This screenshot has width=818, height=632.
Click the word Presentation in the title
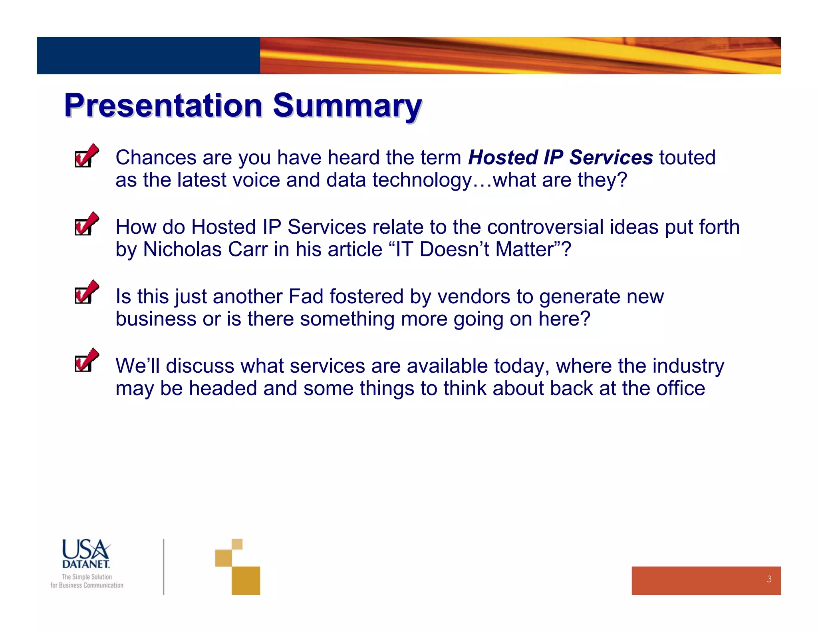(x=163, y=105)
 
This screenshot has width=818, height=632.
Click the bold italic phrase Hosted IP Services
(x=560, y=157)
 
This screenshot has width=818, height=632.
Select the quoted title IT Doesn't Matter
(x=475, y=249)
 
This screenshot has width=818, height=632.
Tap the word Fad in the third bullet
(x=306, y=296)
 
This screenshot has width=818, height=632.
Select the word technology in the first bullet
(x=422, y=181)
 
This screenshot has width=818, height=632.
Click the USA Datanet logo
(x=86, y=554)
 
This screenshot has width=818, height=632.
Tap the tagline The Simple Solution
(x=87, y=577)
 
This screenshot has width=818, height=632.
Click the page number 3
(x=769, y=579)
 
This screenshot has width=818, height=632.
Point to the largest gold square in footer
(x=246, y=580)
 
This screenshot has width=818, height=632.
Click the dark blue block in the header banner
(x=148, y=56)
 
